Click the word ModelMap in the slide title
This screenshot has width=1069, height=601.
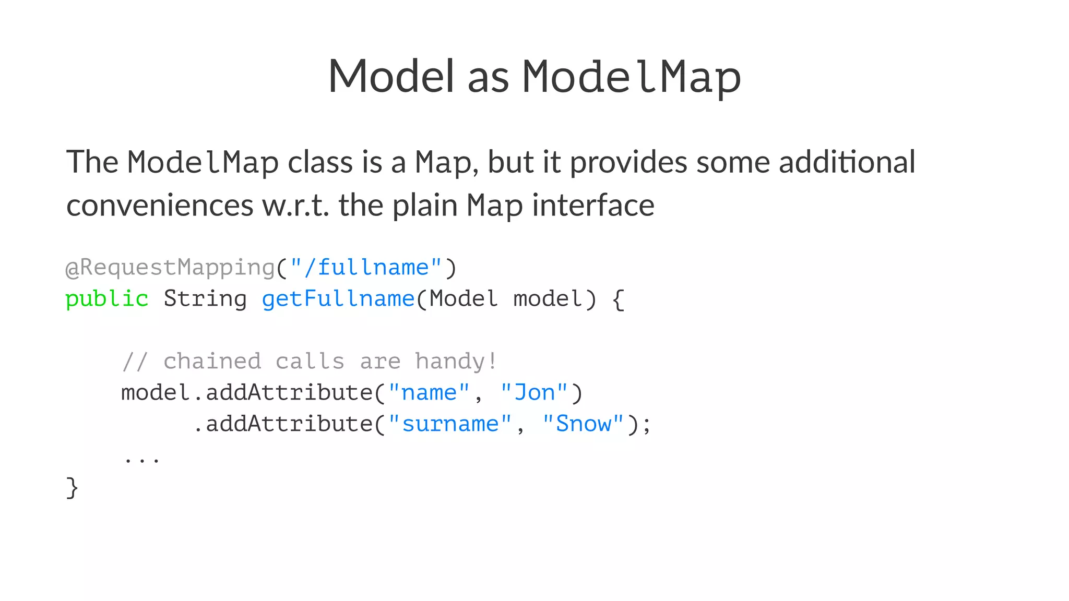pyautogui.click(x=632, y=77)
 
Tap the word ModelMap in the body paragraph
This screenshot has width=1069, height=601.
pyautogui.click(x=203, y=162)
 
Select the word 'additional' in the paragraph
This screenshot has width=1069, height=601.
pyautogui.click(x=847, y=162)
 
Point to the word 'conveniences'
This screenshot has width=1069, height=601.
pyautogui.click(x=160, y=205)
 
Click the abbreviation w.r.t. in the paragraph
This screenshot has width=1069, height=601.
pyautogui.click(x=295, y=205)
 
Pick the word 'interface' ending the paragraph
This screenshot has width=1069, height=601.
pyautogui.click(x=593, y=205)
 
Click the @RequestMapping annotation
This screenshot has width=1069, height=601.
pyautogui.click(x=170, y=268)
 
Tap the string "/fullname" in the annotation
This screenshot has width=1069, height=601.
pyautogui.click(x=366, y=268)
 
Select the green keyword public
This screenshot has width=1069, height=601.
pyautogui.click(x=107, y=299)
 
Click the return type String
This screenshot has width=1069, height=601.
pyautogui.click(x=205, y=299)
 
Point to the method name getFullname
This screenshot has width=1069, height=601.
pyautogui.click(x=338, y=299)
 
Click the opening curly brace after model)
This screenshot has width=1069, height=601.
pyautogui.click(x=618, y=299)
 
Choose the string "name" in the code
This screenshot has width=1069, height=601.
pyautogui.click(x=429, y=393)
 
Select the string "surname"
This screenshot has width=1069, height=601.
pyautogui.click(x=450, y=424)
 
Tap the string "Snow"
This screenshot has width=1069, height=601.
pyautogui.click(x=583, y=424)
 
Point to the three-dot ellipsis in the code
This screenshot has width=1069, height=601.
pyautogui.click(x=141, y=460)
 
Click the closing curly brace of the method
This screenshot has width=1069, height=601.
pyautogui.click(x=72, y=488)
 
